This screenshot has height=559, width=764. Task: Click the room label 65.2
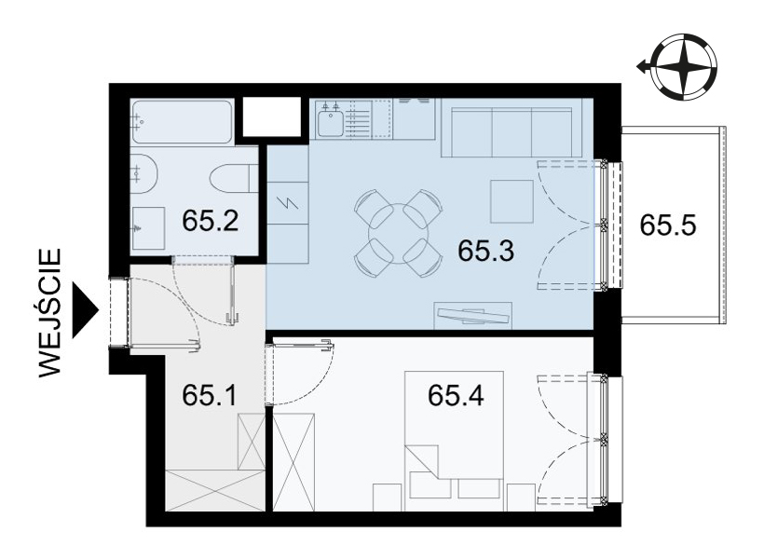pyautogui.click(x=210, y=221)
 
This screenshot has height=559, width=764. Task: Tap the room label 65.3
pyautogui.click(x=485, y=251)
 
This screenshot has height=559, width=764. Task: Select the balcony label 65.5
pyautogui.click(x=667, y=225)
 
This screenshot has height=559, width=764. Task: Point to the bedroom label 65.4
pyautogui.click(x=456, y=395)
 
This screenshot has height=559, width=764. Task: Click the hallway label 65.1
pyautogui.click(x=209, y=395)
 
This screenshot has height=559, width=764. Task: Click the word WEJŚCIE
pyautogui.click(x=49, y=313)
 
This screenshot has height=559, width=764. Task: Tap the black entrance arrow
pyautogui.click(x=85, y=310)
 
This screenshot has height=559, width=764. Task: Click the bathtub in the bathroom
pyautogui.click(x=183, y=122)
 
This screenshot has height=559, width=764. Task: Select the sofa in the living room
pyautogui.click(x=512, y=129)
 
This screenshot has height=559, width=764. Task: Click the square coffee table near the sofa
pyautogui.click(x=512, y=201)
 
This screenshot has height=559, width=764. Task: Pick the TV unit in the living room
pyautogui.click(x=472, y=315)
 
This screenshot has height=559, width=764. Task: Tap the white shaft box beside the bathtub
pyautogui.click(x=272, y=117)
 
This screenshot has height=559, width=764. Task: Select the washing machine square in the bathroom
pyautogui.click(x=148, y=227)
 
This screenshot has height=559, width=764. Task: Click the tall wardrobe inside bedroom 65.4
pyautogui.click(x=293, y=462)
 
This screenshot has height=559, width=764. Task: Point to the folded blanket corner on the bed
pyautogui.click(x=422, y=458)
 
